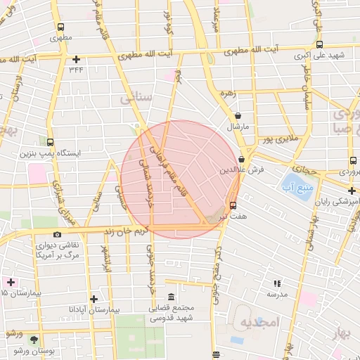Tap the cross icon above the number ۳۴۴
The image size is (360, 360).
[x=76, y=59]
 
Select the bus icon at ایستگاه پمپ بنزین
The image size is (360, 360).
[x=49, y=141]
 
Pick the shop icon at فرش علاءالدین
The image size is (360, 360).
[x=242, y=159]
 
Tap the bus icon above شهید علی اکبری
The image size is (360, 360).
[x=320, y=44]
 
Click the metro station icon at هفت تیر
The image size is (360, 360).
[x=233, y=205]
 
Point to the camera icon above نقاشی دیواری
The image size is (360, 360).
[x=57, y=234]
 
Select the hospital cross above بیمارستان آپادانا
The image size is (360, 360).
[x=93, y=299]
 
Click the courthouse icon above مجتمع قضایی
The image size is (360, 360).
[x=172, y=297]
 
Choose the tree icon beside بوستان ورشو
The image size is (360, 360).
[x=34, y=340]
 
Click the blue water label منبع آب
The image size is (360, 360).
[x=301, y=186]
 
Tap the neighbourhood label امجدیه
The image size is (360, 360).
[x=260, y=322]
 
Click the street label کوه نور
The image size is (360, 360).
[x=167, y=22]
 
